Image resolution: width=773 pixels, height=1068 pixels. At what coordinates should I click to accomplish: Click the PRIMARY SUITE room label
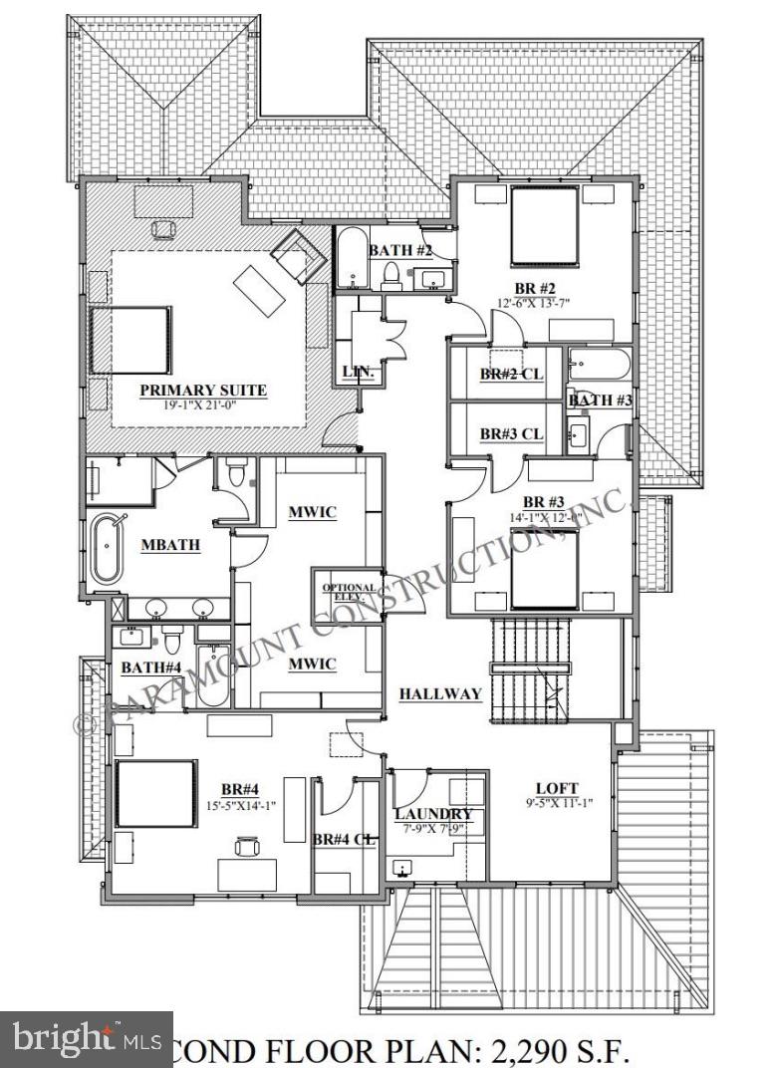202,390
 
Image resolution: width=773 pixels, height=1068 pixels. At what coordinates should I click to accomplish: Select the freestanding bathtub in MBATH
106,548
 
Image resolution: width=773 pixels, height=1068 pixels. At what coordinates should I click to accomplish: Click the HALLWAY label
440,694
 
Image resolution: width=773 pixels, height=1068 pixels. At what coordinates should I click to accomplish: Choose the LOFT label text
557,787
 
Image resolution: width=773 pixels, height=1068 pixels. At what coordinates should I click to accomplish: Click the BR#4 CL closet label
345,840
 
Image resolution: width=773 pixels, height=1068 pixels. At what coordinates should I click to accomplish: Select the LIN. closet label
357,372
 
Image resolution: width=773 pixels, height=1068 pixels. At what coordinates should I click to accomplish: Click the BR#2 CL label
510,375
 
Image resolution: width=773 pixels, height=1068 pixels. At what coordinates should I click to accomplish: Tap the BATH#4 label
151,667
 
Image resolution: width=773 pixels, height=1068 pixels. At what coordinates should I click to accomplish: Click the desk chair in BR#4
244,845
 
